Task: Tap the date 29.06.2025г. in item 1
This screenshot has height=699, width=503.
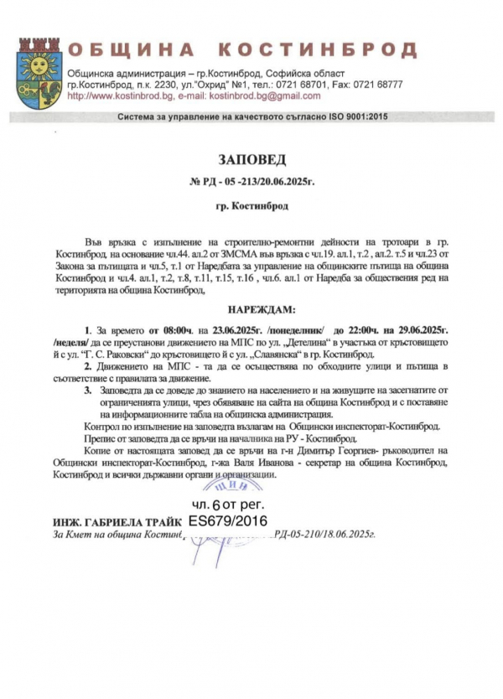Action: point(441,330)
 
